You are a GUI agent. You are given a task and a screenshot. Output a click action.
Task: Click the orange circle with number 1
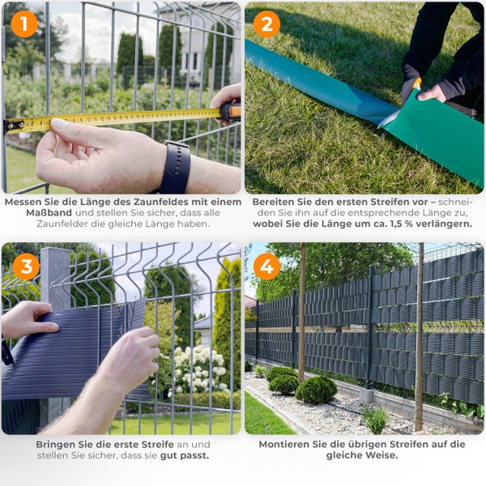pyautogui.click(x=24, y=24)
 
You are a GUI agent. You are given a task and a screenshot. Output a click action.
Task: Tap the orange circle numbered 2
pyautogui.click(x=266, y=24)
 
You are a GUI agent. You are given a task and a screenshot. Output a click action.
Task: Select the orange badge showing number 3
pyautogui.click(x=26, y=266)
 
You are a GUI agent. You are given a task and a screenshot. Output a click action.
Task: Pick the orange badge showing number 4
pyautogui.click(x=266, y=266)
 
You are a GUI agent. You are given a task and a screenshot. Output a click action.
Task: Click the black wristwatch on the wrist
pyautogui.click(x=175, y=168)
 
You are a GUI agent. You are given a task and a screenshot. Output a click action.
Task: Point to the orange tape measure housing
pyautogui.click(x=231, y=112)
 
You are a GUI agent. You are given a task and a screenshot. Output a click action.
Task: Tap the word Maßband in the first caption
pyautogui.click(x=49, y=213)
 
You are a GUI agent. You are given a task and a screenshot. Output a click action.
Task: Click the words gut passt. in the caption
pyautogui.click(x=185, y=456)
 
